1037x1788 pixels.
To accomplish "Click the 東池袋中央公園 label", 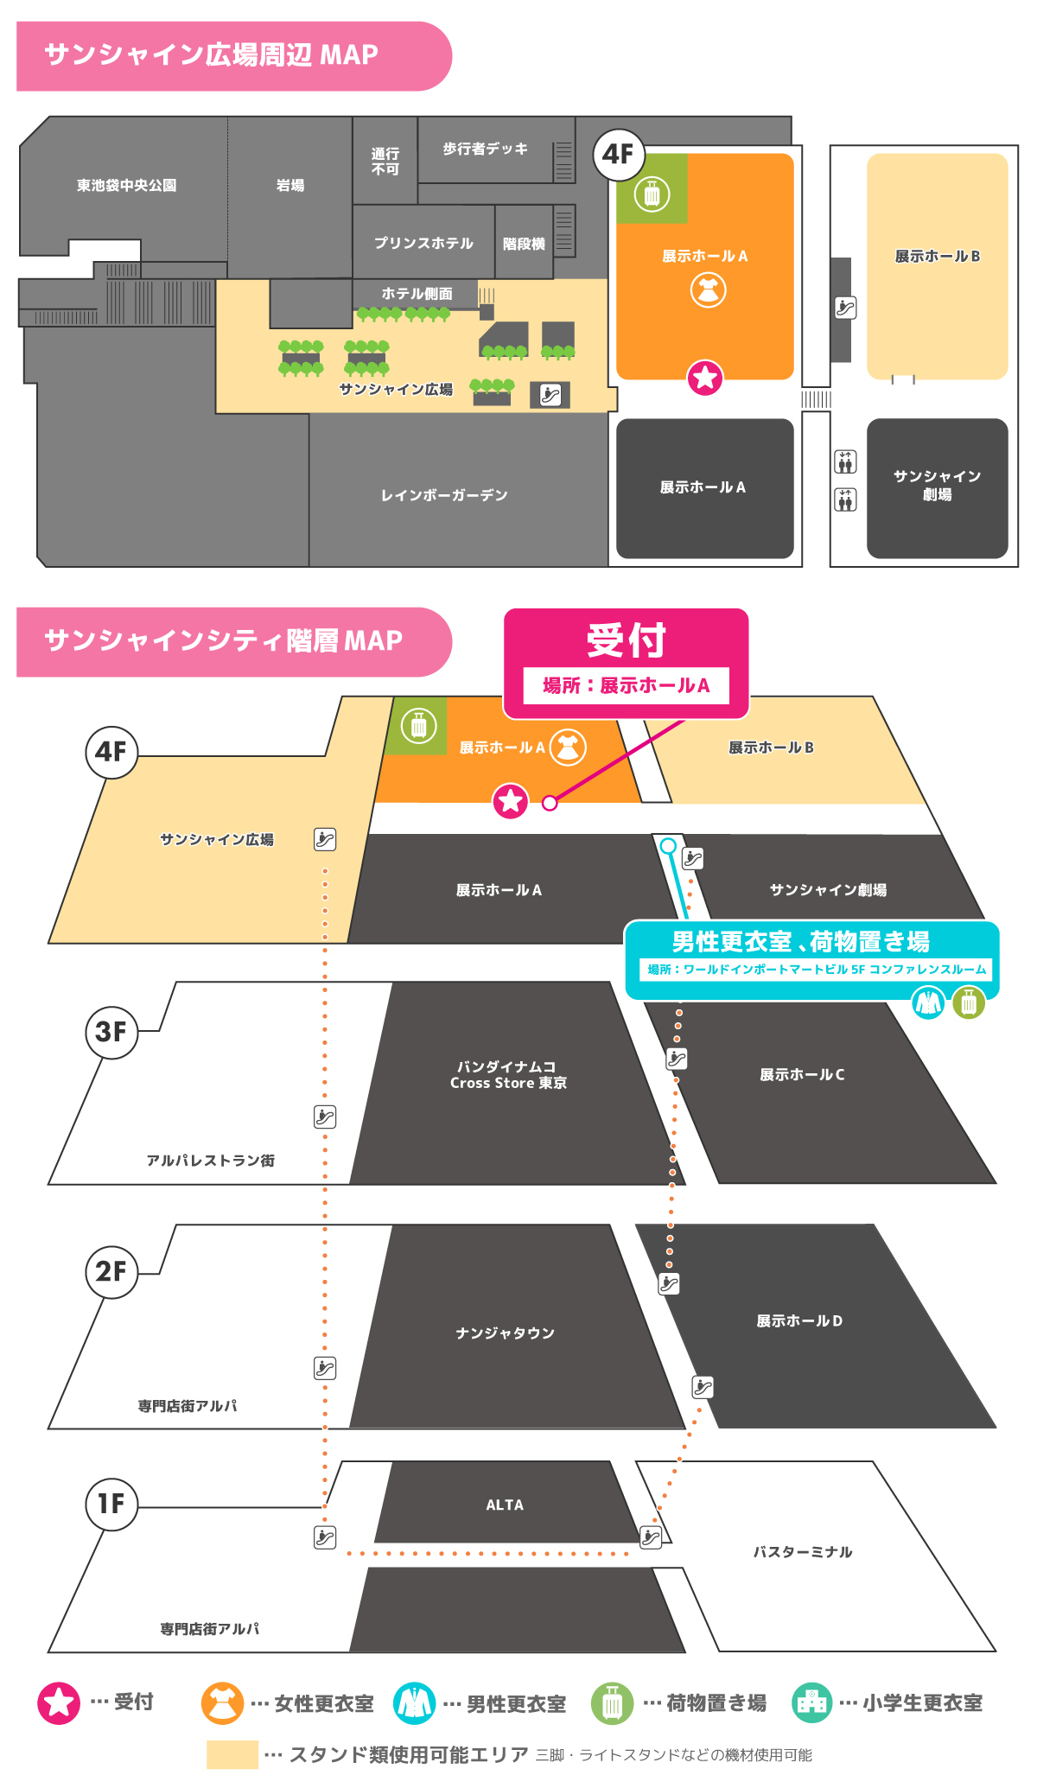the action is point(126,185).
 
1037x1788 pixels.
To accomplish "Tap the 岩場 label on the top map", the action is point(289,185).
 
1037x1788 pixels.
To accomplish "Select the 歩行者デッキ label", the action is point(485,149).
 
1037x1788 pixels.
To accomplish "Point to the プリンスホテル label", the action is point(423,243).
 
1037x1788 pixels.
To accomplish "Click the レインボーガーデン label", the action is point(444,495).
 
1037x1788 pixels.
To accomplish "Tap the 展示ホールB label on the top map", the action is point(937,256).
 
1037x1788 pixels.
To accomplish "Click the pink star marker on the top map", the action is point(705,378).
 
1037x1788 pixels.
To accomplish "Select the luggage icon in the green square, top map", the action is point(652,194).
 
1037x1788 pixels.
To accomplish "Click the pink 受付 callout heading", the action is point(626,640).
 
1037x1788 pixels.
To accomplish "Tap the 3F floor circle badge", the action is point(111,1031).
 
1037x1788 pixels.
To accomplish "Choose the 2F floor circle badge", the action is point(111,1271).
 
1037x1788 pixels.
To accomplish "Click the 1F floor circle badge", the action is point(111,1504).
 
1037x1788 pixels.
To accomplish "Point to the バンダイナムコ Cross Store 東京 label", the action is point(508,1074).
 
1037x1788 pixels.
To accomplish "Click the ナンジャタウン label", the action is point(505,1333).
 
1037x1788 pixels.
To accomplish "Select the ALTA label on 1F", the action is point(505,1505).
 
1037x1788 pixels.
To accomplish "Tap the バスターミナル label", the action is point(802,1552).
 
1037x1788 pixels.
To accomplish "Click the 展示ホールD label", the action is point(799,1320).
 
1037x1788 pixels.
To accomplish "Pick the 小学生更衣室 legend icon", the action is point(811,1702).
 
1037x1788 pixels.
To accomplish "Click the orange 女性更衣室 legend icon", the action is point(222,1702).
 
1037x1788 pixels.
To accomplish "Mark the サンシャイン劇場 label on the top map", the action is point(937,485).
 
